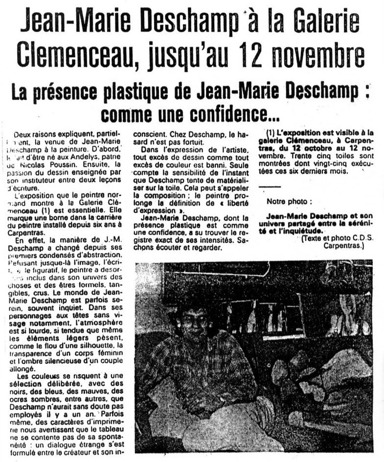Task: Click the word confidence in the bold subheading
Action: click(x=222, y=114)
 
